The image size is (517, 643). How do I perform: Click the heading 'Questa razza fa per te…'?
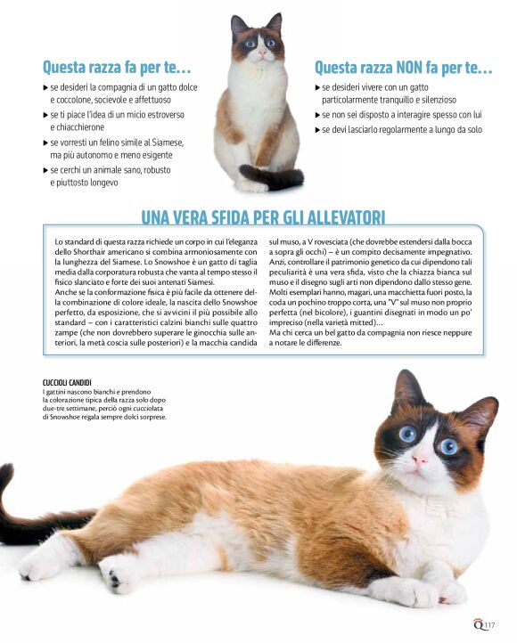117,67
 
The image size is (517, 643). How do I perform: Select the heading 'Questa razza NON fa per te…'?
404,68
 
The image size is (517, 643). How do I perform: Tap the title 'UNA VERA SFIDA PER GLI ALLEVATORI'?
263,217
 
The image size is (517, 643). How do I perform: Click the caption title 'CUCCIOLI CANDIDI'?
67,382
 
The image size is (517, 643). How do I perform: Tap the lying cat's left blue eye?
407,434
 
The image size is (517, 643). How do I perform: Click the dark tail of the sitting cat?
278,179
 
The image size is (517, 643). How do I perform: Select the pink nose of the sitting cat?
260,54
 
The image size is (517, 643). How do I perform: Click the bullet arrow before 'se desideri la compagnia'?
45,88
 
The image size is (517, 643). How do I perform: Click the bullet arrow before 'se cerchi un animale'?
45,169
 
